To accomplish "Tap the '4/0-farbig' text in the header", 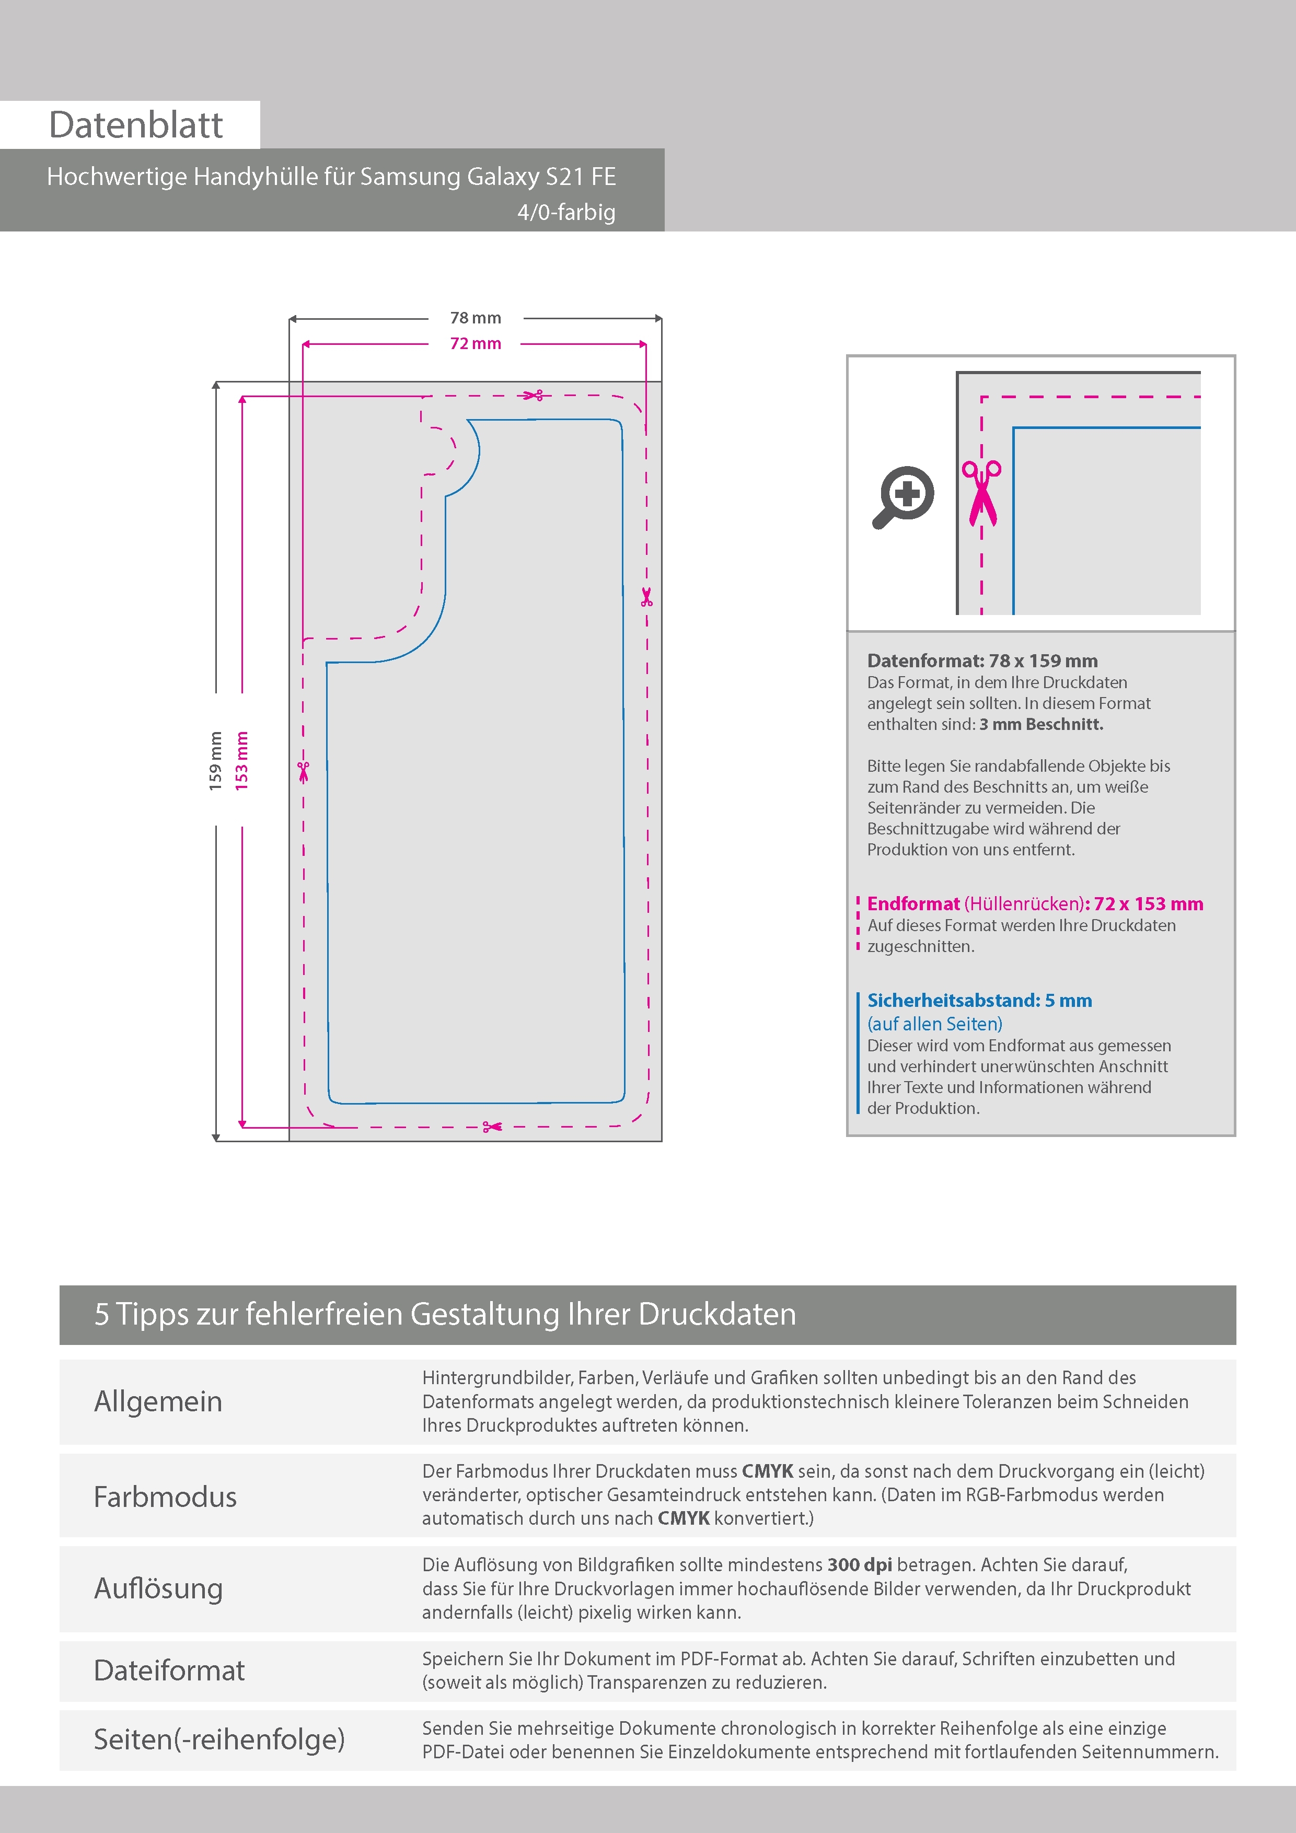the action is coord(566,212).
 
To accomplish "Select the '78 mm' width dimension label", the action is coord(476,318).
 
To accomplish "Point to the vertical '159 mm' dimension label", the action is coord(215,761).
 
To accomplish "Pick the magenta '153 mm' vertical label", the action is coord(241,761).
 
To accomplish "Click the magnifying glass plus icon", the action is coord(903,496).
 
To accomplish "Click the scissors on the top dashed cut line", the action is coord(533,395).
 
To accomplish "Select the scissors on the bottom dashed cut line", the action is coord(492,1127).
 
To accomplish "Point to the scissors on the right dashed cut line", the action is coord(647,596).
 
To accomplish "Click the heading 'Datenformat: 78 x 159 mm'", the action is coord(982,660).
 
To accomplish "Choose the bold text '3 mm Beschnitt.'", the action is coord(1042,724).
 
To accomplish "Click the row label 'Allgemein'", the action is coord(158,1402).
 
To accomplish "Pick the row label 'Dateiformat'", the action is coord(169,1670).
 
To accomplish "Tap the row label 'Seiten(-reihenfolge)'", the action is coord(219,1739).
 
